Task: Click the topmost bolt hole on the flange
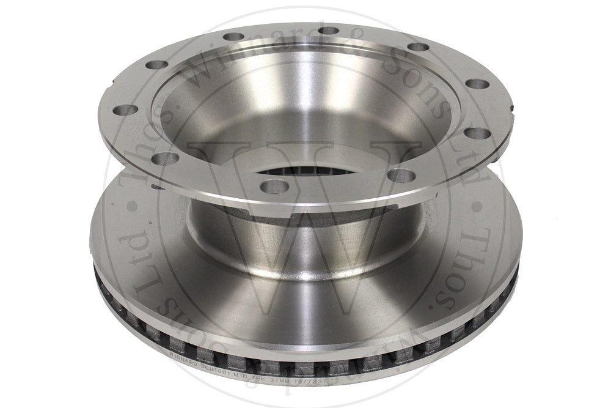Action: click(329, 31)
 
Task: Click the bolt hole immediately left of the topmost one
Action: click(232, 37)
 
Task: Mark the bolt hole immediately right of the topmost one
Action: click(417, 46)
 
